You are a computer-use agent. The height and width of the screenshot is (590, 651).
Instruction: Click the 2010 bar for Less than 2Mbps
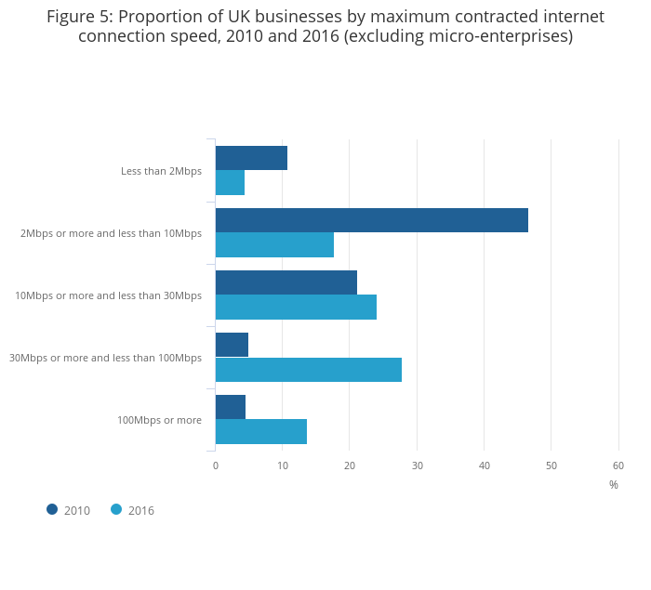coord(251,158)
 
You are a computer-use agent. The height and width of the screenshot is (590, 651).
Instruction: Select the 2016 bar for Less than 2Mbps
coord(230,183)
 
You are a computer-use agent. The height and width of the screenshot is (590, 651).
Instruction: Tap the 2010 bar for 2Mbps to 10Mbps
coord(371,220)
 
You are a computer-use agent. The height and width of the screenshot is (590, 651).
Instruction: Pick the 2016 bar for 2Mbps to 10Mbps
coord(274,245)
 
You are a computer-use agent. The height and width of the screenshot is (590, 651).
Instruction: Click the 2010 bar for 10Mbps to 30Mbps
coord(286,282)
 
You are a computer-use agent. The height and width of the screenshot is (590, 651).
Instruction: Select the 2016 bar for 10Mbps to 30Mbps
coord(296,308)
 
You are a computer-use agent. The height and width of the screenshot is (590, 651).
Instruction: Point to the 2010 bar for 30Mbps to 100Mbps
coord(232,345)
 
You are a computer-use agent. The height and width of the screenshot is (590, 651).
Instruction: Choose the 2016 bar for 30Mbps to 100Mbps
coord(308,370)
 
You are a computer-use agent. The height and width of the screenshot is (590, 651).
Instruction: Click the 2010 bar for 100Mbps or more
coord(230,407)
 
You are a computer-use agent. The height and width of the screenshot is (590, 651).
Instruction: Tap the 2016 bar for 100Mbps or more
coord(260,432)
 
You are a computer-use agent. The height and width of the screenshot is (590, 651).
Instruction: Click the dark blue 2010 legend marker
coord(52,509)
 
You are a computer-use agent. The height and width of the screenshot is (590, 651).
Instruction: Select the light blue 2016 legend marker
coord(116,509)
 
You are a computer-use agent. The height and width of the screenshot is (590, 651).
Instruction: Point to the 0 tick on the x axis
coord(216,465)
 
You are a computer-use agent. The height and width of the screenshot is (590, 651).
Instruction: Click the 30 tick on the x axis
coord(418,465)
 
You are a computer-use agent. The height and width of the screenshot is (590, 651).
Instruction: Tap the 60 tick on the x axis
coord(618,465)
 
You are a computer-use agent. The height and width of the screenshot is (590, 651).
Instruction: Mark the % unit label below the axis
coord(614,485)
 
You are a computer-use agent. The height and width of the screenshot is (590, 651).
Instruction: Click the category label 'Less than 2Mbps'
coord(161,171)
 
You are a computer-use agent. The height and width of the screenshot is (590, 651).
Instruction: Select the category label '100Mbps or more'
coord(159,420)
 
